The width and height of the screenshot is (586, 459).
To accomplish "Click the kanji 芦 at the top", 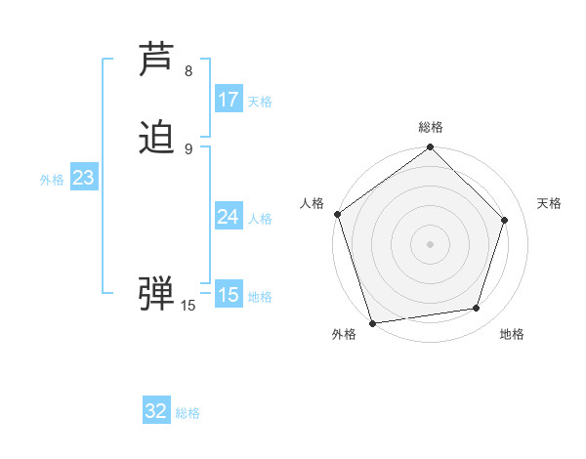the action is pyautogui.click(x=156, y=61).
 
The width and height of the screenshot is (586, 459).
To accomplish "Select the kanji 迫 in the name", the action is pyautogui.click(x=156, y=139).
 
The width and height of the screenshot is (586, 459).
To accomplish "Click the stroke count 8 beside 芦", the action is pyautogui.click(x=188, y=71).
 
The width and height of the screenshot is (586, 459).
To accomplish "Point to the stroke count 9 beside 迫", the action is pyautogui.click(x=188, y=148).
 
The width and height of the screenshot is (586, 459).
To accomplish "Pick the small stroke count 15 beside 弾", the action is pyautogui.click(x=188, y=306).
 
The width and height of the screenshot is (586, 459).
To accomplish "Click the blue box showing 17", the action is pyautogui.click(x=229, y=100).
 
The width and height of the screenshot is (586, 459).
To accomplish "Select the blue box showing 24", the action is pyautogui.click(x=229, y=217).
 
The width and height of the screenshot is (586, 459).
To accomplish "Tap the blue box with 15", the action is pyautogui.click(x=229, y=294).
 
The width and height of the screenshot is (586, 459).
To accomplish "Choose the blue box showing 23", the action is pyautogui.click(x=84, y=178).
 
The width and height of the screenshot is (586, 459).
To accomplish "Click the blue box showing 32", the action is pyautogui.click(x=156, y=411).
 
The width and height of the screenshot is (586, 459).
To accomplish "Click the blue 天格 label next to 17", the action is pyautogui.click(x=260, y=102).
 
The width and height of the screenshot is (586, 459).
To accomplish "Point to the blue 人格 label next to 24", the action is pyautogui.click(x=260, y=219).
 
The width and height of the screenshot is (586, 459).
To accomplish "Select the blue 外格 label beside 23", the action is pyautogui.click(x=52, y=180).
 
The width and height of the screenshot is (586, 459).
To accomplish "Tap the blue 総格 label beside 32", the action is pyautogui.click(x=188, y=413).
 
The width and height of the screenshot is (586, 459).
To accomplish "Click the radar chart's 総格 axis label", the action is pyautogui.click(x=431, y=128).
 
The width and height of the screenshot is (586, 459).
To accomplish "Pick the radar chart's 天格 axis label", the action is pyautogui.click(x=550, y=203).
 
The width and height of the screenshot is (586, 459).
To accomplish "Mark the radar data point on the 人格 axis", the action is pyautogui.click(x=337, y=214).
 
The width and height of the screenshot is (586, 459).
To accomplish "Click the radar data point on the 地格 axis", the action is pyautogui.click(x=477, y=309).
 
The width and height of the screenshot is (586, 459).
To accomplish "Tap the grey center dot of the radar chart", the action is pyautogui.click(x=430, y=243).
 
